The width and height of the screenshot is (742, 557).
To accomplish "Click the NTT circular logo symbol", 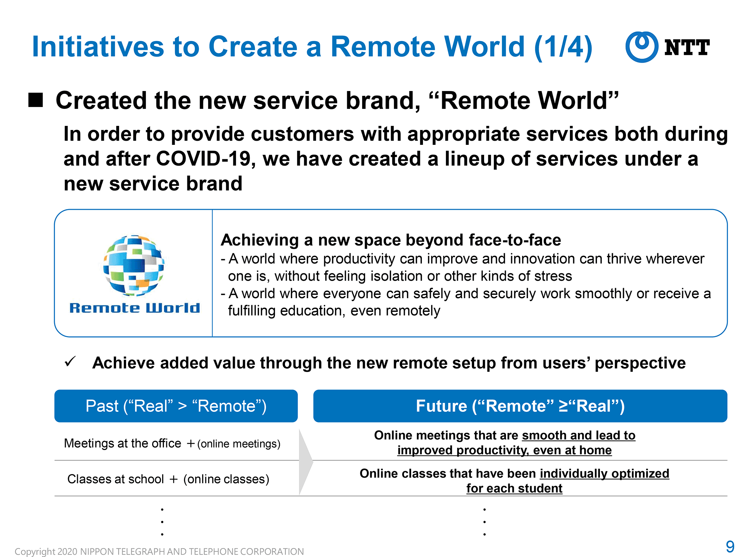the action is point(641,47).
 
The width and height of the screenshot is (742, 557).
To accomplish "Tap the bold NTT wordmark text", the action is point(687,48).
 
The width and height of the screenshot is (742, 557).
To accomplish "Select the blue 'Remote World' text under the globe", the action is point(135,308).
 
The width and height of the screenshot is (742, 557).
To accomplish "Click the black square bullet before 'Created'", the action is point(36,100).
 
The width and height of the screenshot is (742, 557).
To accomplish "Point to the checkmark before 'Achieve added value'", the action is point(70,361).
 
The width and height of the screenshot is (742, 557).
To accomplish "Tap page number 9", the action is point(730,547).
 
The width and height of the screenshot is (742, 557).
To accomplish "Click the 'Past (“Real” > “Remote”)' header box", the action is point(176,406).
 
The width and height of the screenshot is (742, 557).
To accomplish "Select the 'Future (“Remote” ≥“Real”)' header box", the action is point(520,406).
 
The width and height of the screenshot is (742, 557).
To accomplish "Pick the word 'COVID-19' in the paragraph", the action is point(206,159).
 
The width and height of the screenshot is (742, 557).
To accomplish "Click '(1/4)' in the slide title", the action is point(563,47).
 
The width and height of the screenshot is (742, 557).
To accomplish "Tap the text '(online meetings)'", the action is point(239,444).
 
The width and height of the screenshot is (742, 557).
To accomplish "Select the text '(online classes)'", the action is point(226,479).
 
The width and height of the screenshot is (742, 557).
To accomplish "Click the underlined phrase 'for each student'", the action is point(514,488).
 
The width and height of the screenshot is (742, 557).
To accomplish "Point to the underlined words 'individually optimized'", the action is point(605,473).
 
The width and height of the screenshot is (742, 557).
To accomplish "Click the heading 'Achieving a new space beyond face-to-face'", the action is point(391,240).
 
